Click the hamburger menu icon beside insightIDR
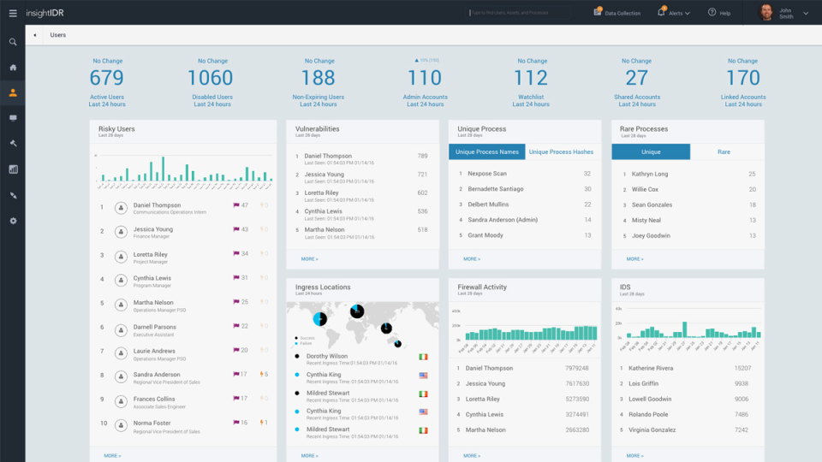[13, 13]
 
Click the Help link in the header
[719, 13]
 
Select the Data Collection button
[617, 13]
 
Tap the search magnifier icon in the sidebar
[13, 42]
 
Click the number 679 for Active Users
[107, 78]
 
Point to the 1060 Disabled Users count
[211, 78]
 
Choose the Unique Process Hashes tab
[561, 151]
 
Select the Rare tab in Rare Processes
[724, 151]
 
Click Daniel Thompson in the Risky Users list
[157, 205]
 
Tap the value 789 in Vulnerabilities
[422, 157]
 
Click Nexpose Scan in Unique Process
[487, 174]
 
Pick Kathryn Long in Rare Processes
[650, 174]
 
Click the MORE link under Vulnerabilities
[309, 258]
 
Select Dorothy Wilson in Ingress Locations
[327, 356]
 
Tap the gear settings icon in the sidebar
[13, 221]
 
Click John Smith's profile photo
[765, 13]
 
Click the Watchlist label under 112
[531, 97]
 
